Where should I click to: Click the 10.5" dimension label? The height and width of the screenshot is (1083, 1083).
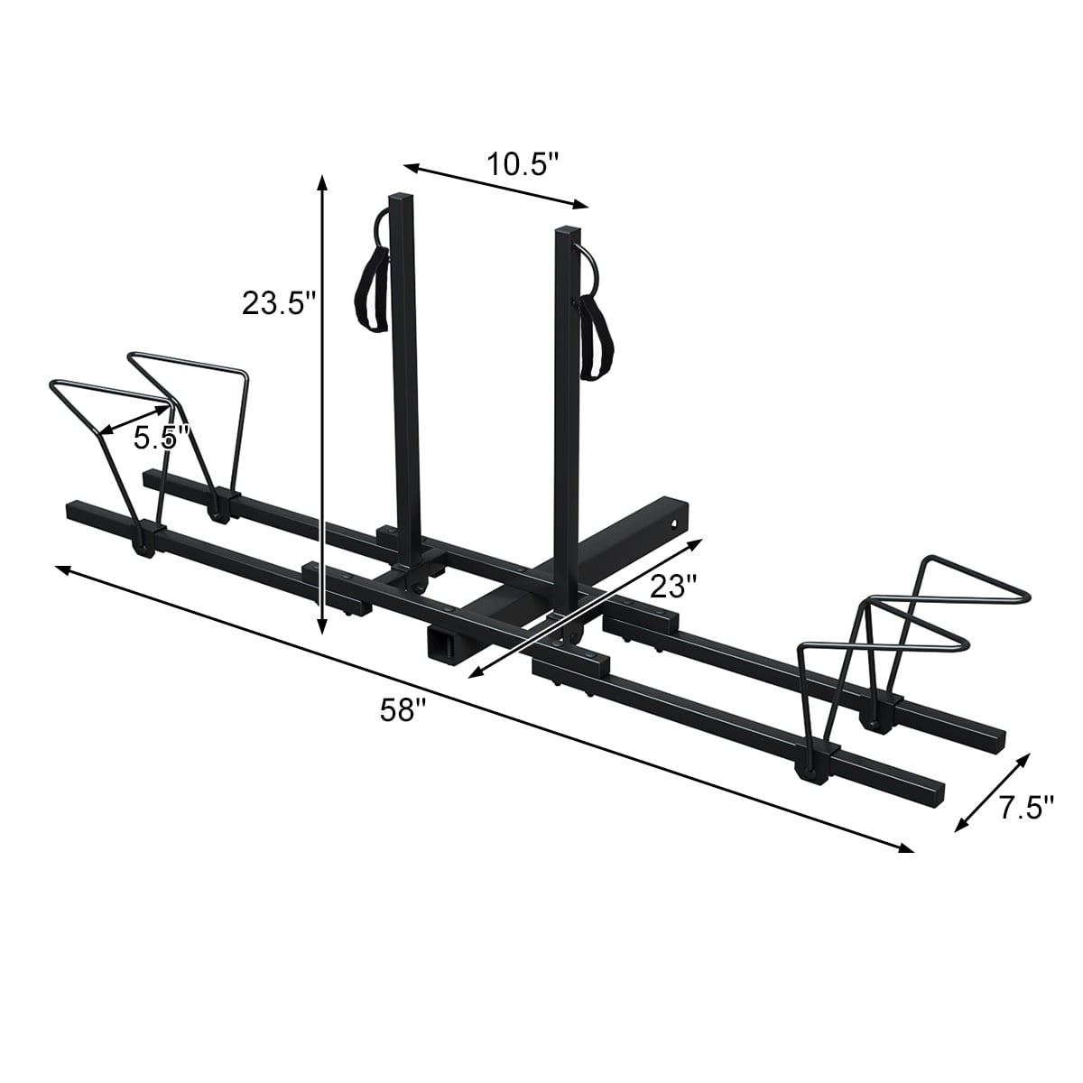[523, 164]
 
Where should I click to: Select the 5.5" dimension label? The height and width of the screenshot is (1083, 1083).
[161, 439]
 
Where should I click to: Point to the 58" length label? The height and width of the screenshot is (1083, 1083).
[402, 710]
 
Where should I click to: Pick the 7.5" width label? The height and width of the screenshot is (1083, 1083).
[1026, 808]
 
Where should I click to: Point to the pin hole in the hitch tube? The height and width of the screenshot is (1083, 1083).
[673, 521]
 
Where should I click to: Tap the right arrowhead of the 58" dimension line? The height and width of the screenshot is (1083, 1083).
[906, 847]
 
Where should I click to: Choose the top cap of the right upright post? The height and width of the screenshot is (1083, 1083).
[567, 228]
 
